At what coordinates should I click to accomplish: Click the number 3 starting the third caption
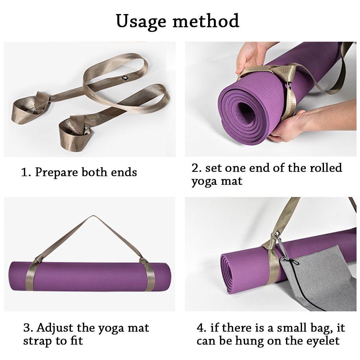tap(27, 328)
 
